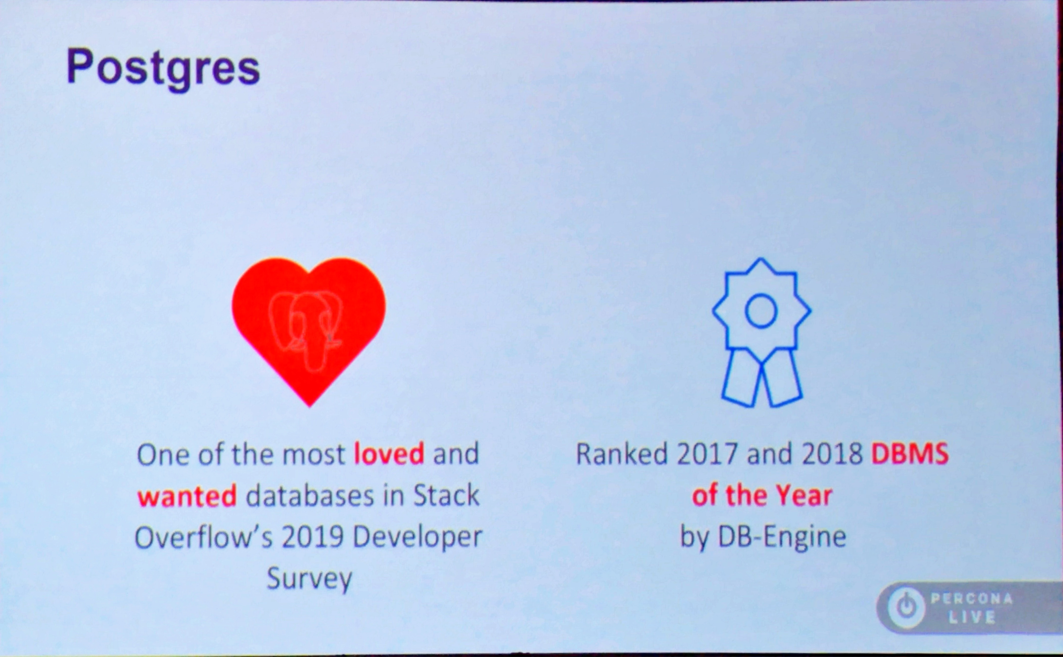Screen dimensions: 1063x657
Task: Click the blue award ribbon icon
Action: click(x=761, y=332)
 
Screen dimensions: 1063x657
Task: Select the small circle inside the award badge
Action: click(x=761, y=311)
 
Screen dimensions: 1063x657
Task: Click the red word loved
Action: click(x=389, y=454)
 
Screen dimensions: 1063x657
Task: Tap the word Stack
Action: click(x=446, y=495)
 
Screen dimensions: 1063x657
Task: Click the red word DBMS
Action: click(x=910, y=454)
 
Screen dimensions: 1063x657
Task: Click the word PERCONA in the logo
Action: click(x=972, y=599)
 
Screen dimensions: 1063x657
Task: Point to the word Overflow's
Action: click(x=204, y=537)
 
